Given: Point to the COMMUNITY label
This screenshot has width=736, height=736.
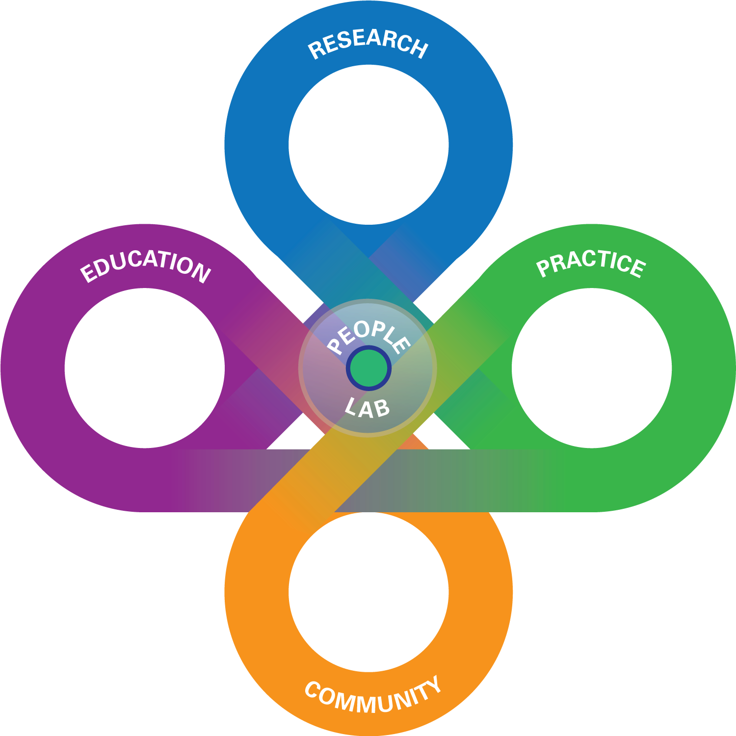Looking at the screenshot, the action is coord(373,695).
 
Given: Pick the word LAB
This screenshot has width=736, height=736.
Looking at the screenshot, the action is coord(368,408).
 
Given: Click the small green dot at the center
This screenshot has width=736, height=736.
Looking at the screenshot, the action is coord(368,368).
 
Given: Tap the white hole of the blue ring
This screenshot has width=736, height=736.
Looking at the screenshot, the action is coord(368,145).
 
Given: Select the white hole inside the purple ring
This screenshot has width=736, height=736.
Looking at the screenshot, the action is coord(145,368).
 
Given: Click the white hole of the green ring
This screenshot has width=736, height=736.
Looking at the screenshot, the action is coord(592,368).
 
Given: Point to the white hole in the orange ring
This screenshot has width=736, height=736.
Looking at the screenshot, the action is coord(368,592).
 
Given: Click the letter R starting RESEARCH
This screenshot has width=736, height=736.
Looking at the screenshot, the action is coord(316,50).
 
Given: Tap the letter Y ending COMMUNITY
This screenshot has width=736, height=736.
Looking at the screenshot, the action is coord(432,684).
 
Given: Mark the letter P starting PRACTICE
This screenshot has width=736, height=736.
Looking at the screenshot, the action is coord(543,268).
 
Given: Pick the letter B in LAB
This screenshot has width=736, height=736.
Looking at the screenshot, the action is coord(382,409).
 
